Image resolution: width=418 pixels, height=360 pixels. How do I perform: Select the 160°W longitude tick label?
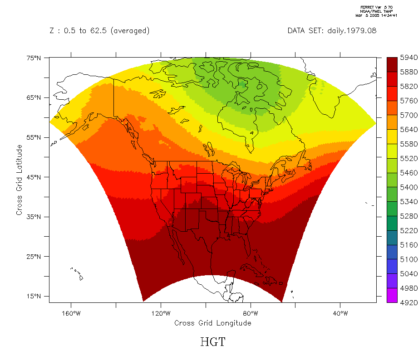(71, 313)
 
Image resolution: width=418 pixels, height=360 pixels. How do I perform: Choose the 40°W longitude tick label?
(340, 313)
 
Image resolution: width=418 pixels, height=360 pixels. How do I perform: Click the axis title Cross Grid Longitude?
(212, 323)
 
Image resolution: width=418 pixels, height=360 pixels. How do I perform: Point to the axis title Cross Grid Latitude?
(19, 180)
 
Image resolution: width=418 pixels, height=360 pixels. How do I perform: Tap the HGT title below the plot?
(212, 342)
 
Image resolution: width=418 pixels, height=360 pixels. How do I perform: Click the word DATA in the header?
(297, 31)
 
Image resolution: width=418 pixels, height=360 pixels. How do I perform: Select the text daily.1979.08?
(352, 31)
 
